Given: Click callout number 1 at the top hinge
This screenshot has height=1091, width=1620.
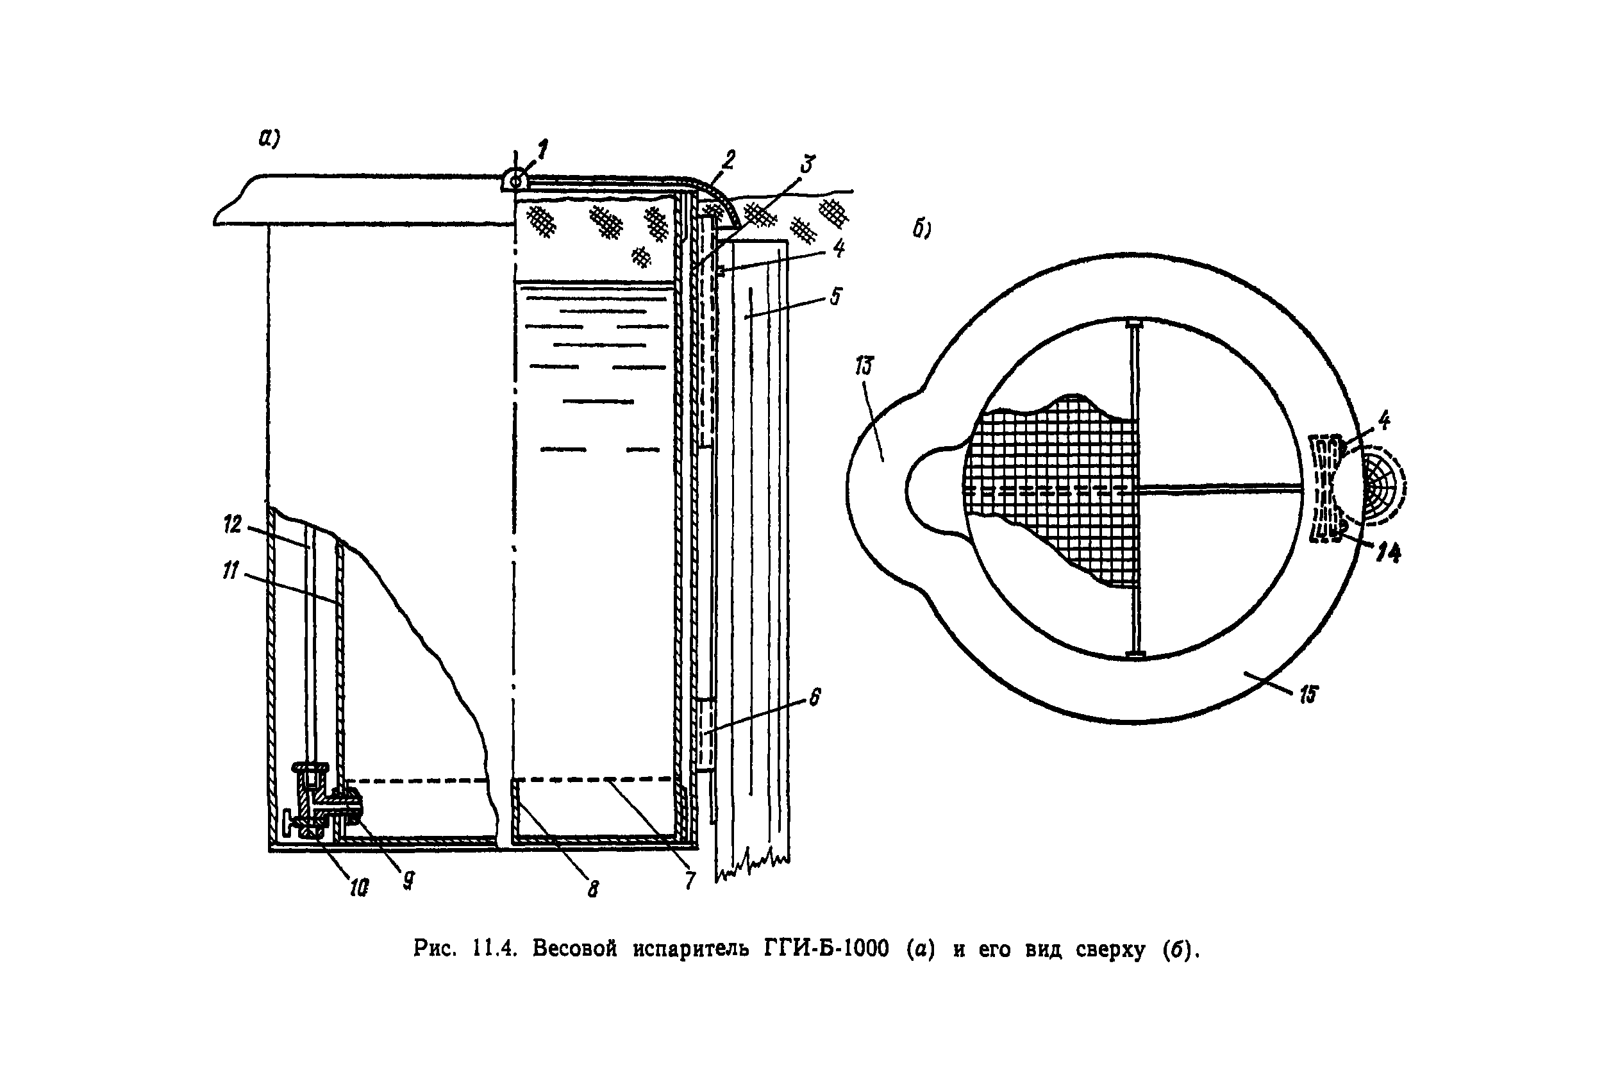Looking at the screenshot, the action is [x=542, y=149].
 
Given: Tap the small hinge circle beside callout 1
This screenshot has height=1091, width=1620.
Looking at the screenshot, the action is [x=515, y=181].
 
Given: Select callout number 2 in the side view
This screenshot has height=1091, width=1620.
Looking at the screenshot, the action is [x=728, y=160].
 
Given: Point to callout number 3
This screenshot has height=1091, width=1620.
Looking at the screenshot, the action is [x=806, y=165].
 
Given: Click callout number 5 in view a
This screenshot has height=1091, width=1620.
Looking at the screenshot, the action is [x=836, y=296].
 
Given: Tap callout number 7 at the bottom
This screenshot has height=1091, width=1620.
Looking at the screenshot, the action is [x=689, y=880].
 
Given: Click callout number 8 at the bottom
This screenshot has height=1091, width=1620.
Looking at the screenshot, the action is [x=593, y=888].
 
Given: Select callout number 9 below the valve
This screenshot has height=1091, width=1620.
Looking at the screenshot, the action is [x=409, y=880].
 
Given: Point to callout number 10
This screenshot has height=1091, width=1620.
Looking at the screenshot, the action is [x=358, y=887].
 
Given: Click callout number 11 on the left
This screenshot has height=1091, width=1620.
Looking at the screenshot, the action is [x=230, y=571].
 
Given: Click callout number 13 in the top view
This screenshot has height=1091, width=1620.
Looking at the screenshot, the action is [x=864, y=366].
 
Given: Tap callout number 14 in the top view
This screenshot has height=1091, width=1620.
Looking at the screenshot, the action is [x=1389, y=553].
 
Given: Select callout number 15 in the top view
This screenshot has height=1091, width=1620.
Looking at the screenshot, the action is [x=1309, y=694].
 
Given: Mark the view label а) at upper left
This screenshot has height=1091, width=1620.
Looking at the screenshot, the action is [x=269, y=139].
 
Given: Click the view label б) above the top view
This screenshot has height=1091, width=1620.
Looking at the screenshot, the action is [x=923, y=229].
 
